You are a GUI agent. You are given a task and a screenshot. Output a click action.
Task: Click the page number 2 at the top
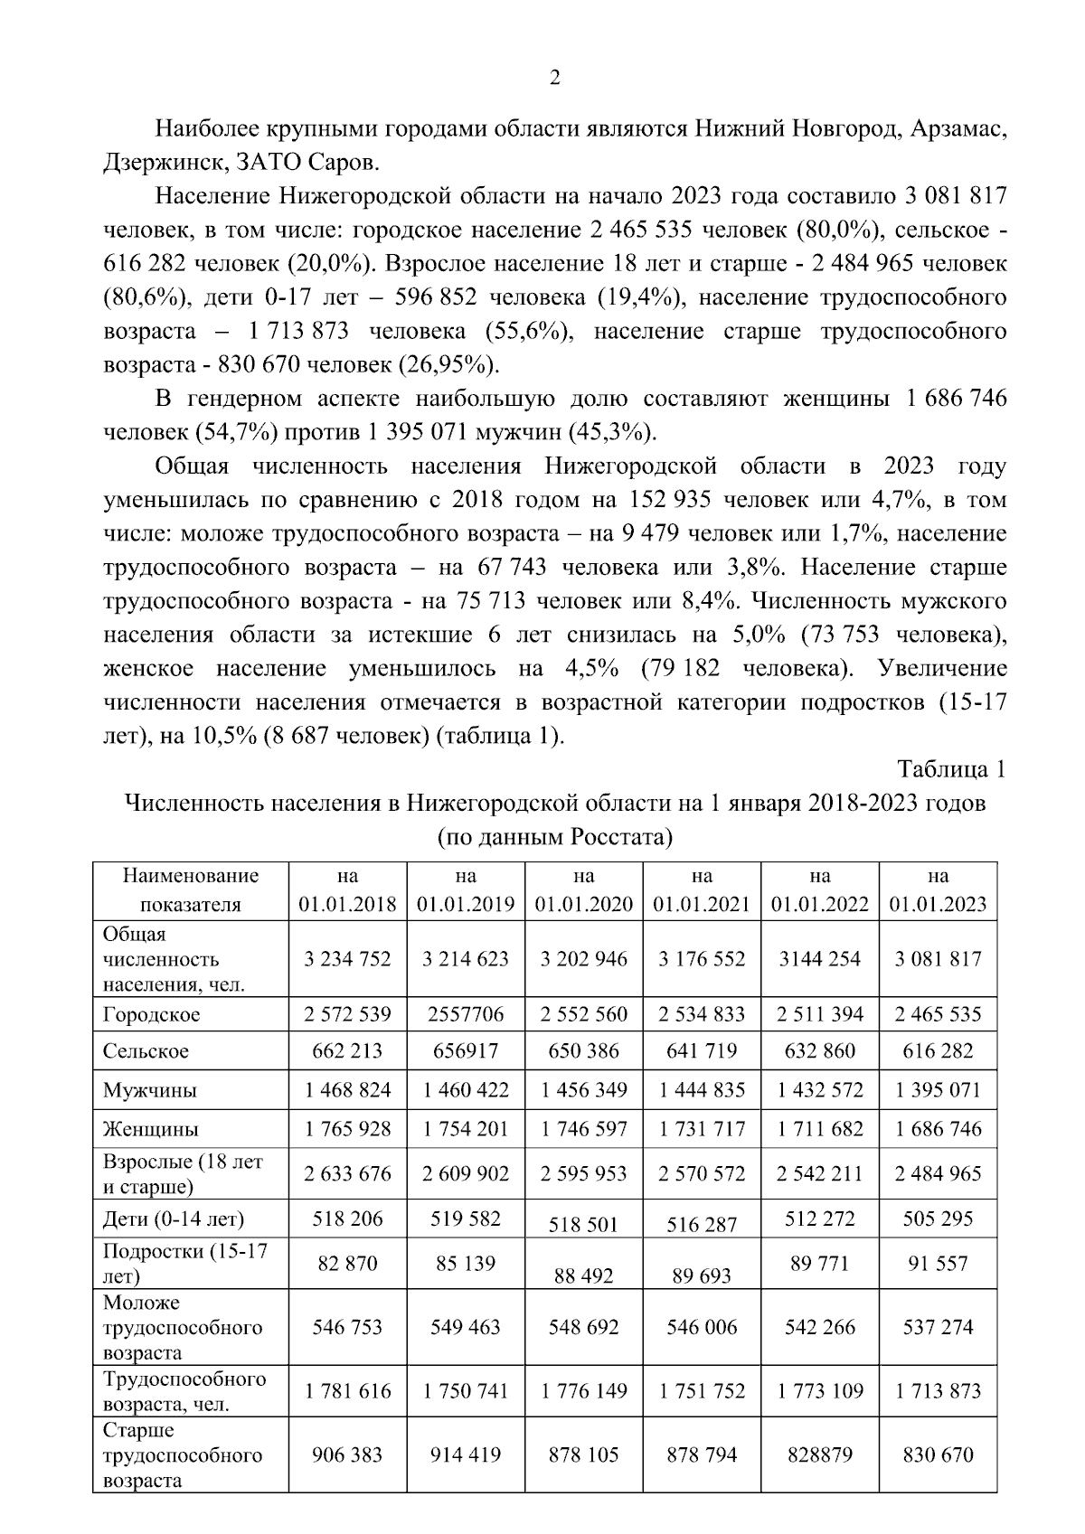coord(555,78)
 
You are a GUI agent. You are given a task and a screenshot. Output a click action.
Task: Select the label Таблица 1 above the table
coord(950,769)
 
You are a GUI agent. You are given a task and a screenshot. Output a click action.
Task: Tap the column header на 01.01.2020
coord(583,890)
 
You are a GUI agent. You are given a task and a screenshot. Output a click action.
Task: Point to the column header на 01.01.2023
coord(938,890)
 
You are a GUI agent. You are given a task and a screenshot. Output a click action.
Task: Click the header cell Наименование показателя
coord(191,890)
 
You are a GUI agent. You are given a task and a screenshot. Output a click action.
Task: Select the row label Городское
coord(152,1014)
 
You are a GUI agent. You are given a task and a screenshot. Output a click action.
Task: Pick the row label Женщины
coord(151,1129)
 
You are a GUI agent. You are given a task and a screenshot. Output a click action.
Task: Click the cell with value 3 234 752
coord(348,959)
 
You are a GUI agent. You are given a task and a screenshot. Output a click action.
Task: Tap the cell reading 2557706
coord(466,1014)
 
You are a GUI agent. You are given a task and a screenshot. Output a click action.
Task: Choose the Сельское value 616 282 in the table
coord(938,1051)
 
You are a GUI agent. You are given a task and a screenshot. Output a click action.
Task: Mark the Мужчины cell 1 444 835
coord(702,1090)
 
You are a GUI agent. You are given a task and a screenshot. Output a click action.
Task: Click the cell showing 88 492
coord(583,1275)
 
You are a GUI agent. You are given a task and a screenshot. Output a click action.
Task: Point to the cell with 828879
coord(820,1454)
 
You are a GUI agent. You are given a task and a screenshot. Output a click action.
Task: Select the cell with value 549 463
coord(466,1327)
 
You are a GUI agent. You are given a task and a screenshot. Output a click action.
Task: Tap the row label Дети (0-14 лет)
coord(174,1219)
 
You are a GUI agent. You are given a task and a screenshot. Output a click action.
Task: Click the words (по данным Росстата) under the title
coord(554,837)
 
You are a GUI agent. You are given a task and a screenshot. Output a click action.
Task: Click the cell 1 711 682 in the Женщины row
coord(820,1129)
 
